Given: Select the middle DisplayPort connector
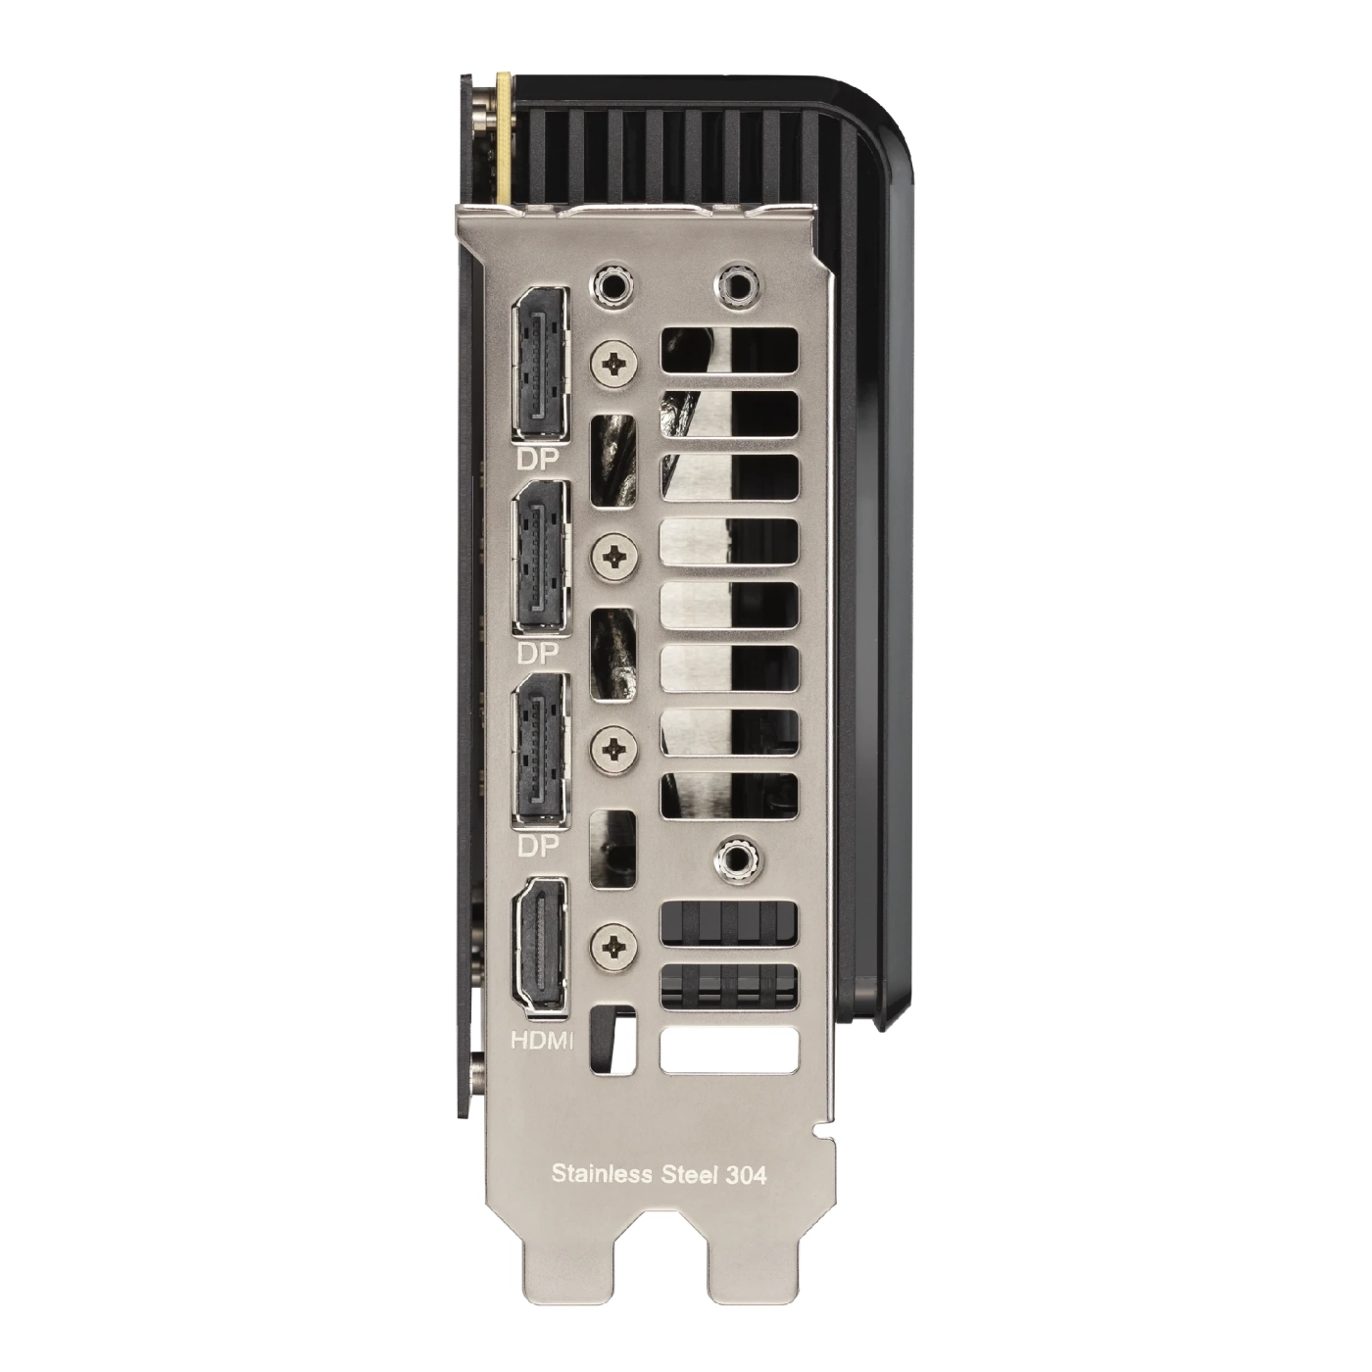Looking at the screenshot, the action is pos(540,557).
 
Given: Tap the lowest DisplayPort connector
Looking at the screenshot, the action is pos(540,751).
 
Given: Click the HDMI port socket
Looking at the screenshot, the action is pos(540,945).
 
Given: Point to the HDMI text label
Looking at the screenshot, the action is pos(542,1041).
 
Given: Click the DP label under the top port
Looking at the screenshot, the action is pos(538,460).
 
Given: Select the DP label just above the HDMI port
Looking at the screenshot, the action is pos(538,847).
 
